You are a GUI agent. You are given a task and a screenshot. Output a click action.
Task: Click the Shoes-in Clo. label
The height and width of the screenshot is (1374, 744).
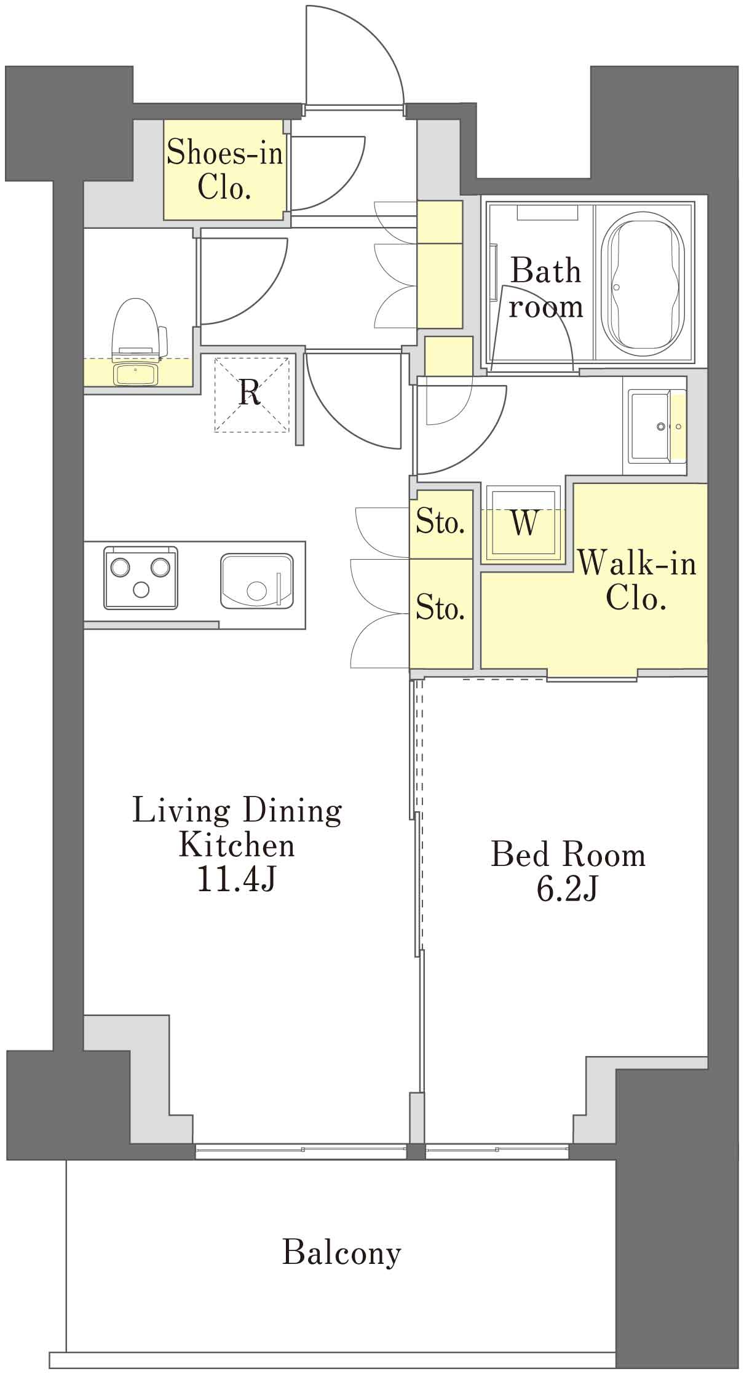[224, 169]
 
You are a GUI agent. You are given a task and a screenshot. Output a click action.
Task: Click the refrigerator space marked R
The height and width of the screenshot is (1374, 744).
[251, 394]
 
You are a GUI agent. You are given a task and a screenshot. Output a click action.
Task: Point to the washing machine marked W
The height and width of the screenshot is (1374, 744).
[524, 523]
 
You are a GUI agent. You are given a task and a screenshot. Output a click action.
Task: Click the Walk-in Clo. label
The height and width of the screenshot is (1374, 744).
[636, 580]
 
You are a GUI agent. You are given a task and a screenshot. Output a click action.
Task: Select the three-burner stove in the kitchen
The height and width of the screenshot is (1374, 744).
[141, 578]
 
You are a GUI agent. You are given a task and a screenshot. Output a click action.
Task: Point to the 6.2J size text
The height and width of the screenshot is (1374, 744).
[567, 889]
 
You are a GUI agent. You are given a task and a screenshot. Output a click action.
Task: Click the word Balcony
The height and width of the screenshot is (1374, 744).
[341, 1252]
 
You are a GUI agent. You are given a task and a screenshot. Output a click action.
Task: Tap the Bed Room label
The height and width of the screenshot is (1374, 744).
[568, 854]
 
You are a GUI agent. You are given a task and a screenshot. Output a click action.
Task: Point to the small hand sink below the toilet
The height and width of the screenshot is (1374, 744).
[137, 374]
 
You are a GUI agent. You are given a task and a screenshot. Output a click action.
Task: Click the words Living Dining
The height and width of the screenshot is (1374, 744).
[237, 811]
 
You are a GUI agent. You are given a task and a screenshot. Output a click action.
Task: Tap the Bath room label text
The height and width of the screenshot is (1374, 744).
[545, 288]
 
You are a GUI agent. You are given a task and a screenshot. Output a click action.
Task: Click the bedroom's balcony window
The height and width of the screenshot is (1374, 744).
[497, 1150]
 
